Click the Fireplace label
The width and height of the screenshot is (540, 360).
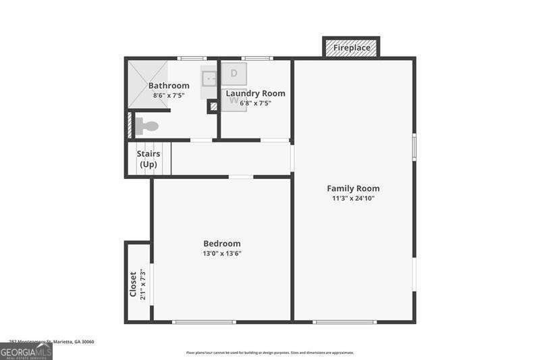(x=352, y=48)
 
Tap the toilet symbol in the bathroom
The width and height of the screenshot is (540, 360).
(x=147, y=126)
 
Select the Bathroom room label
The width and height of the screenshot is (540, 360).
(x=169, y=86)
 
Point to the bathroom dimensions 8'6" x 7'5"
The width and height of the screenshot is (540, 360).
(x=169, y=96)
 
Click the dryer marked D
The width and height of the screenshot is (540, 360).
(x=234, y=73)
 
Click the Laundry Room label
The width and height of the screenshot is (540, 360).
(x=255, y=93)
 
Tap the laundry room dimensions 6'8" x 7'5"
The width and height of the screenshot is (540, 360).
(x=255, y=103)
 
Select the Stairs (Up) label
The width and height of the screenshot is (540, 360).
(x=148, y=159)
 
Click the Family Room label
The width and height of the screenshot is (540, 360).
(x=353, y=188)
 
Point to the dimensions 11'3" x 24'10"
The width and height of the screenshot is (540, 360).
(x=353, y=199)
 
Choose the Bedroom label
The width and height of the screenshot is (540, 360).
(x=221, y=244)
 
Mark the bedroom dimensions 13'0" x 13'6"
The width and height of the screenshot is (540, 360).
(x=221, y=254)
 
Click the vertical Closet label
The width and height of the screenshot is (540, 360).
(x=133, y=284)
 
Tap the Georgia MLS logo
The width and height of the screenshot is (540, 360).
(x=26, y=351)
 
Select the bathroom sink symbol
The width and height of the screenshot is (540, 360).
(x=209, y=78)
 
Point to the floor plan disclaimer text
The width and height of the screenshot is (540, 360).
(x=270, y=353)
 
